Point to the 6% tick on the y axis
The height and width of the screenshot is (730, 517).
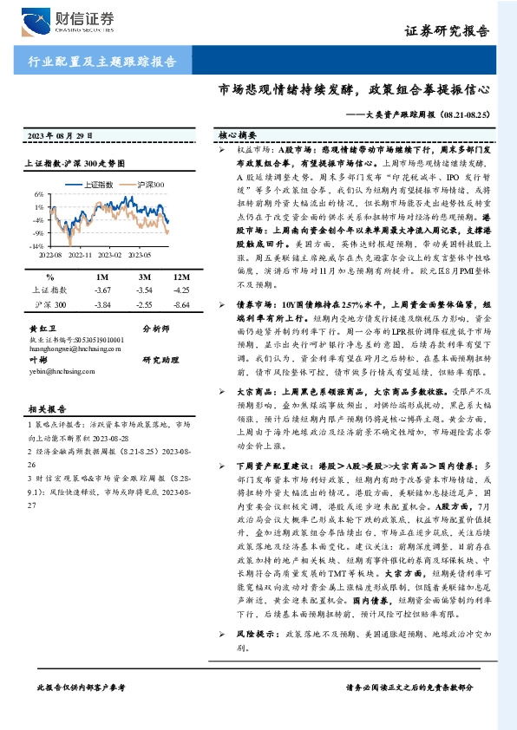40,194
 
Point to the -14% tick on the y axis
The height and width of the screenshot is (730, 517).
38,246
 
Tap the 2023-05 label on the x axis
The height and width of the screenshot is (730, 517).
139,255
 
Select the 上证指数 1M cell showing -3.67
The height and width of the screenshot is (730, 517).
103,290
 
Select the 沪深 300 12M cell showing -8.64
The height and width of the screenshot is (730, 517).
182,306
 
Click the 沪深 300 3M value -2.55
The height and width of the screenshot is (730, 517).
144,306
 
